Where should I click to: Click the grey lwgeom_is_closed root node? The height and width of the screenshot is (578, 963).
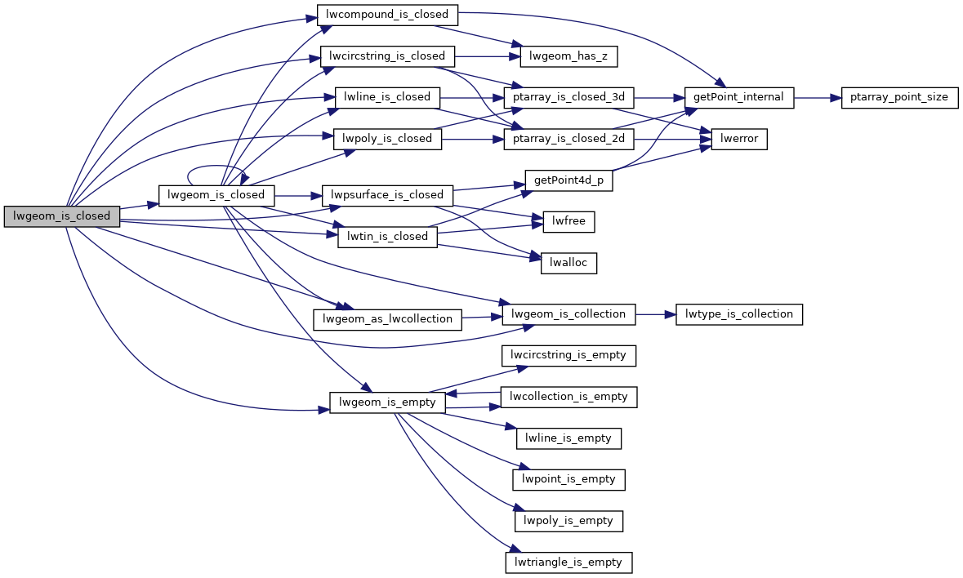[x=62, y=216]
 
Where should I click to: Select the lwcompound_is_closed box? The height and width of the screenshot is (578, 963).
[x=387, y=15]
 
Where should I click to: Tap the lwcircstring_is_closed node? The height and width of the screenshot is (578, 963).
[x=387, y=56]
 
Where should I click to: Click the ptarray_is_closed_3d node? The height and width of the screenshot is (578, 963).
[x=569, y=97]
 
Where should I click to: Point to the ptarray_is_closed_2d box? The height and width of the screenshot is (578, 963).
[x=569, y=139]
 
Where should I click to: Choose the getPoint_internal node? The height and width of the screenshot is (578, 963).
[x=738, y=97]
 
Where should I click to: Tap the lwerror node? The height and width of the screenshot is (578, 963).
[x=739, y=139]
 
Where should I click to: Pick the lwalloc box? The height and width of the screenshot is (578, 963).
[x=568, y=263]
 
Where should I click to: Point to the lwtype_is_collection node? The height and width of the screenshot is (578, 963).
[x=739, y=314]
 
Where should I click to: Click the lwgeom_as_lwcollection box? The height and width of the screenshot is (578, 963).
[x=388, y=318]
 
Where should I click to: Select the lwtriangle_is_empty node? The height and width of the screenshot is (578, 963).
[x=569, y=562]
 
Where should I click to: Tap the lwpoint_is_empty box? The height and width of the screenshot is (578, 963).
[x=568, y=479]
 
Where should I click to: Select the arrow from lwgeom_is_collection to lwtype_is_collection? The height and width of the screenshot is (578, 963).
[x=655, y=314]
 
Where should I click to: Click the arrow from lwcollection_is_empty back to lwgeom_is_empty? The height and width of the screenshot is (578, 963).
[x=474, y=393]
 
